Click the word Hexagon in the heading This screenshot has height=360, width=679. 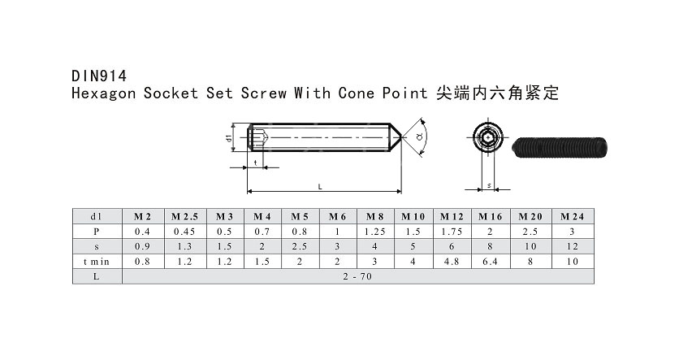[x=104, y=93]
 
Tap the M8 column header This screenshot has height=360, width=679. [x=374, y=216]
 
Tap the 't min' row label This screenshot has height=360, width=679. [x=96, y=261]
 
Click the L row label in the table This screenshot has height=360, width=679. [x=96, y=275]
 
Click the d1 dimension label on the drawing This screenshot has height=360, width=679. [x=230, y=138]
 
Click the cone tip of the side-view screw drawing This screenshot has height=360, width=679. [x=400, y=138]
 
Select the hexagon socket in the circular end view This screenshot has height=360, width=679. [x=486, y=138]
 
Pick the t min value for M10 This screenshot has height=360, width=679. [x=413, y=261]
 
